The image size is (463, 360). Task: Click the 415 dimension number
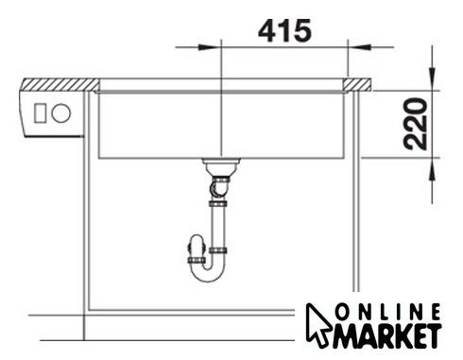pos(284,30)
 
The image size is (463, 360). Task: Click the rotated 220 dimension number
pos(416,124)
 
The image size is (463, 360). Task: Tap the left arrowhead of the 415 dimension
pos(209,47)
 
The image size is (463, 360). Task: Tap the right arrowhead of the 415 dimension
pos(359,47)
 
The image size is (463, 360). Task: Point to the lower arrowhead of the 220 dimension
pos(433,169)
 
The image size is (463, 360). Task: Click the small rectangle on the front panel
pos(41,113)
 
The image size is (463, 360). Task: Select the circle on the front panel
pos(61,113)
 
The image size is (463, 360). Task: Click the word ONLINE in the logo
pos(387,313)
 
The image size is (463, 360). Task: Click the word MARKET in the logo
pos(387,335)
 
